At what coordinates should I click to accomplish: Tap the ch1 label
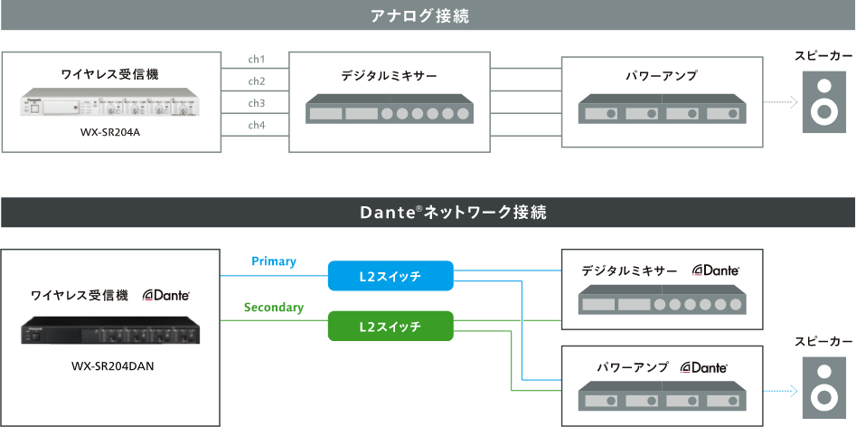pos(257,60)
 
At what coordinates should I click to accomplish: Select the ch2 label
pos(257,81)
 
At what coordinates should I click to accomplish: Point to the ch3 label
pos(257,102)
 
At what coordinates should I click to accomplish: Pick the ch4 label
pos(257,124)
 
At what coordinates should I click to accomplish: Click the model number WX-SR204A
pos(111,133)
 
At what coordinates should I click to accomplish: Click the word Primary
pos(274,261)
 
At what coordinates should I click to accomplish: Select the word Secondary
pos(273,308)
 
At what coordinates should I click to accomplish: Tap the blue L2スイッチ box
pos(390,275)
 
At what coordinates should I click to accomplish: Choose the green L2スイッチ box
pos(390,325)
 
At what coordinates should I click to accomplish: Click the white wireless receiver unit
pos(111,106)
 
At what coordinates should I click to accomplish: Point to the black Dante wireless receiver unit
pos(111,329)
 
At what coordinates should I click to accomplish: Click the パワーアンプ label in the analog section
pos(661,76)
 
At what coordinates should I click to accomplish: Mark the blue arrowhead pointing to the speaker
pos(793,391)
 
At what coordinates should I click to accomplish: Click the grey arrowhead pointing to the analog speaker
pos(793,102)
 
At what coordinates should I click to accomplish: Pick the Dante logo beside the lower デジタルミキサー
pos(716,270)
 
